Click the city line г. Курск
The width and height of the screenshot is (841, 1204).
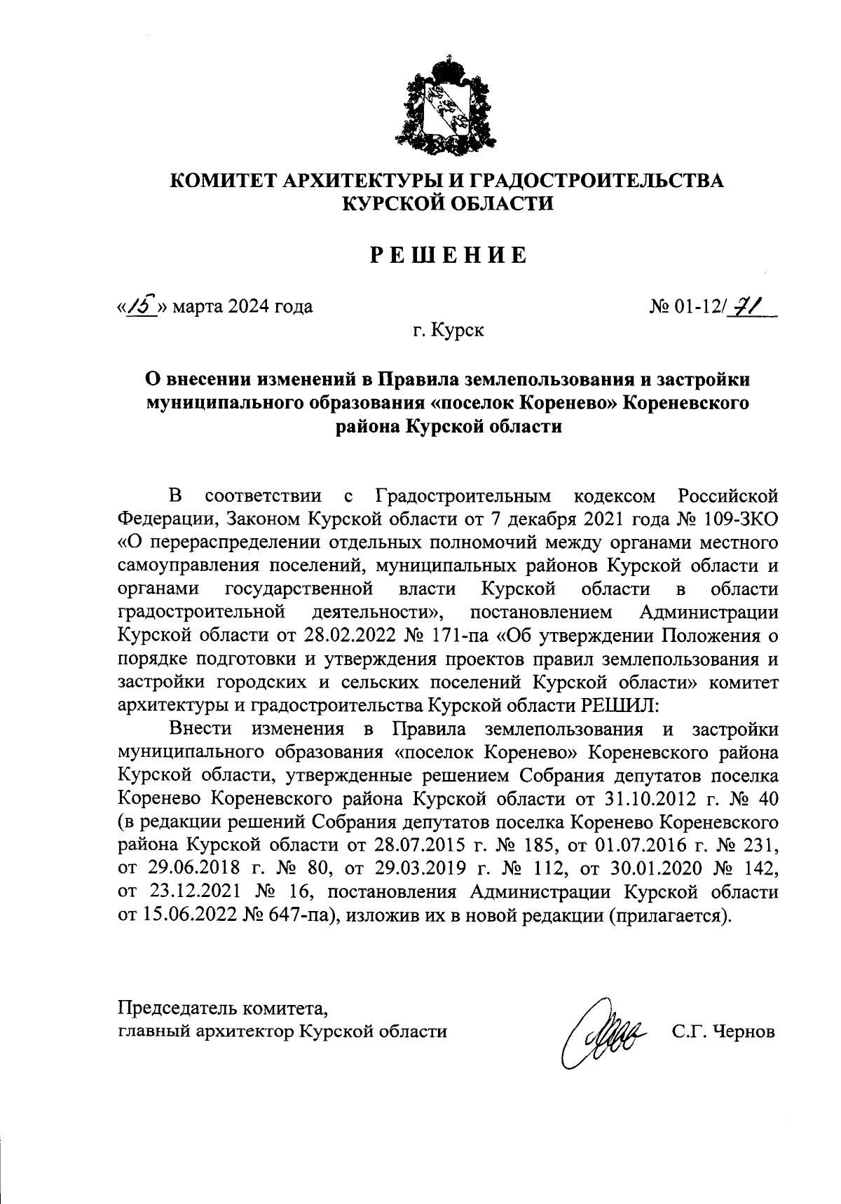click(448, 329)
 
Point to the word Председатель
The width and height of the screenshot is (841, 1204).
click(178, 1008)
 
